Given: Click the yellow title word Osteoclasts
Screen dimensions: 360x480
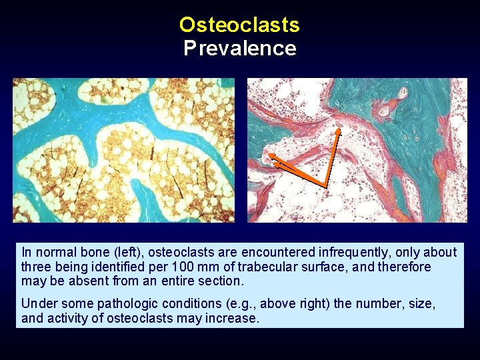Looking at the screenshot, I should point(239,25).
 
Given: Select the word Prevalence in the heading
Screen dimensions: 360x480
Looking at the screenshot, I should point(239,49).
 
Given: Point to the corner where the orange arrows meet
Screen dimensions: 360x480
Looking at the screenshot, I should point(325,184).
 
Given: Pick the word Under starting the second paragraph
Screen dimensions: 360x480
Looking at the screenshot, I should point(37,304).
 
